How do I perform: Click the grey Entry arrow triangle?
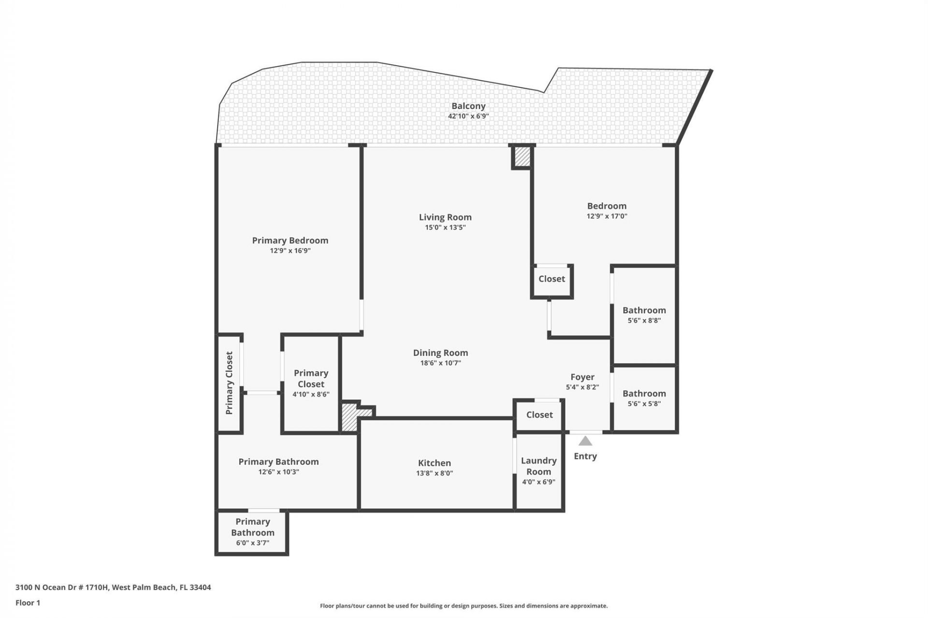click(585, 441)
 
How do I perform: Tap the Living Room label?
click(445, 217)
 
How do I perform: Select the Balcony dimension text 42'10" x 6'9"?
click(468, 116)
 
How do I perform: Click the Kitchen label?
click(435, 463)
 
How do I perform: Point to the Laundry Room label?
click(538, 466)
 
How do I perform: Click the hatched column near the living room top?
click(522, 157)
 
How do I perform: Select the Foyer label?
click(582, 377)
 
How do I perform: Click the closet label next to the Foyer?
click(539, 415)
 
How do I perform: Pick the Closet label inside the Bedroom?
click(551, 279)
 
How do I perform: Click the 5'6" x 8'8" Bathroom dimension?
click(644, 321)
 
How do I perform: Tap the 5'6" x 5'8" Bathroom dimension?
click(644, 404)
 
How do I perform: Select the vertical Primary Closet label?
click(229, 383)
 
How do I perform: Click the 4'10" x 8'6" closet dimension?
click(311, 394)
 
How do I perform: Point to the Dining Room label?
click(440, 353)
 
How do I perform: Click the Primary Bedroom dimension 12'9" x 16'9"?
click(290, 251)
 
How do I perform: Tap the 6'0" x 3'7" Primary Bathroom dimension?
click(252, 543)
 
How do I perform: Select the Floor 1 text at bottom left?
click(28, 603)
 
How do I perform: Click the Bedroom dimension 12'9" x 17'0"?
click(607, 216)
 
